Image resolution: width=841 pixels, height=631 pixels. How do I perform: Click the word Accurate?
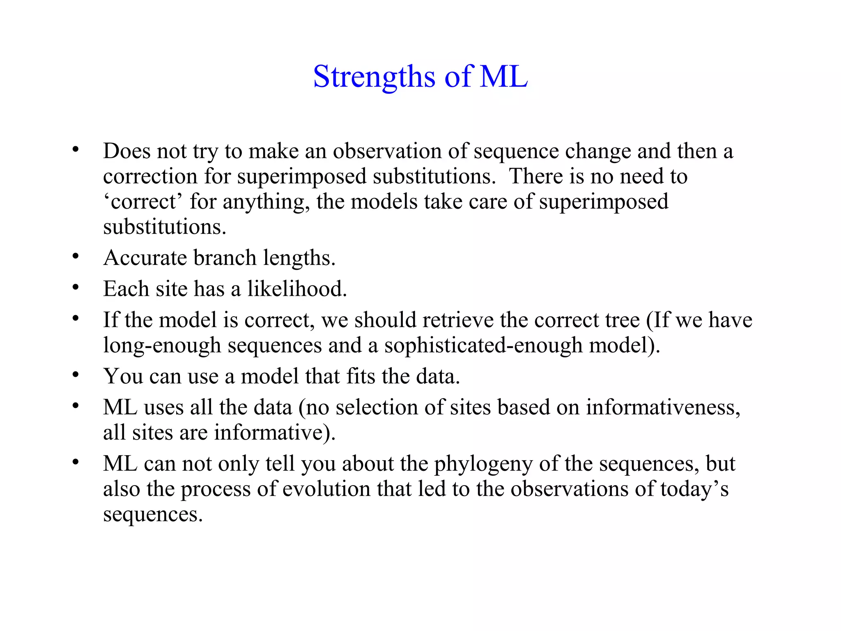click(x=145, y=258)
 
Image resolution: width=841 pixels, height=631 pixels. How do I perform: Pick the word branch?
click(x=225, y=258)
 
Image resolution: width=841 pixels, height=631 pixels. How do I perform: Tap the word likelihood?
click(x=297, y=289)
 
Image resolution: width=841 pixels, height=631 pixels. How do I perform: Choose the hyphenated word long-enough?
click(x=162, y=345)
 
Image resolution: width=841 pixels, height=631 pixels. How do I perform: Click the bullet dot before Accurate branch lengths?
click(x=75, y=257)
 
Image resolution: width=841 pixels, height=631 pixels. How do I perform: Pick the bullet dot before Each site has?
click(x=75, y=288)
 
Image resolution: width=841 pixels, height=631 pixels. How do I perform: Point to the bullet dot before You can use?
click(x=75, y=375)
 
